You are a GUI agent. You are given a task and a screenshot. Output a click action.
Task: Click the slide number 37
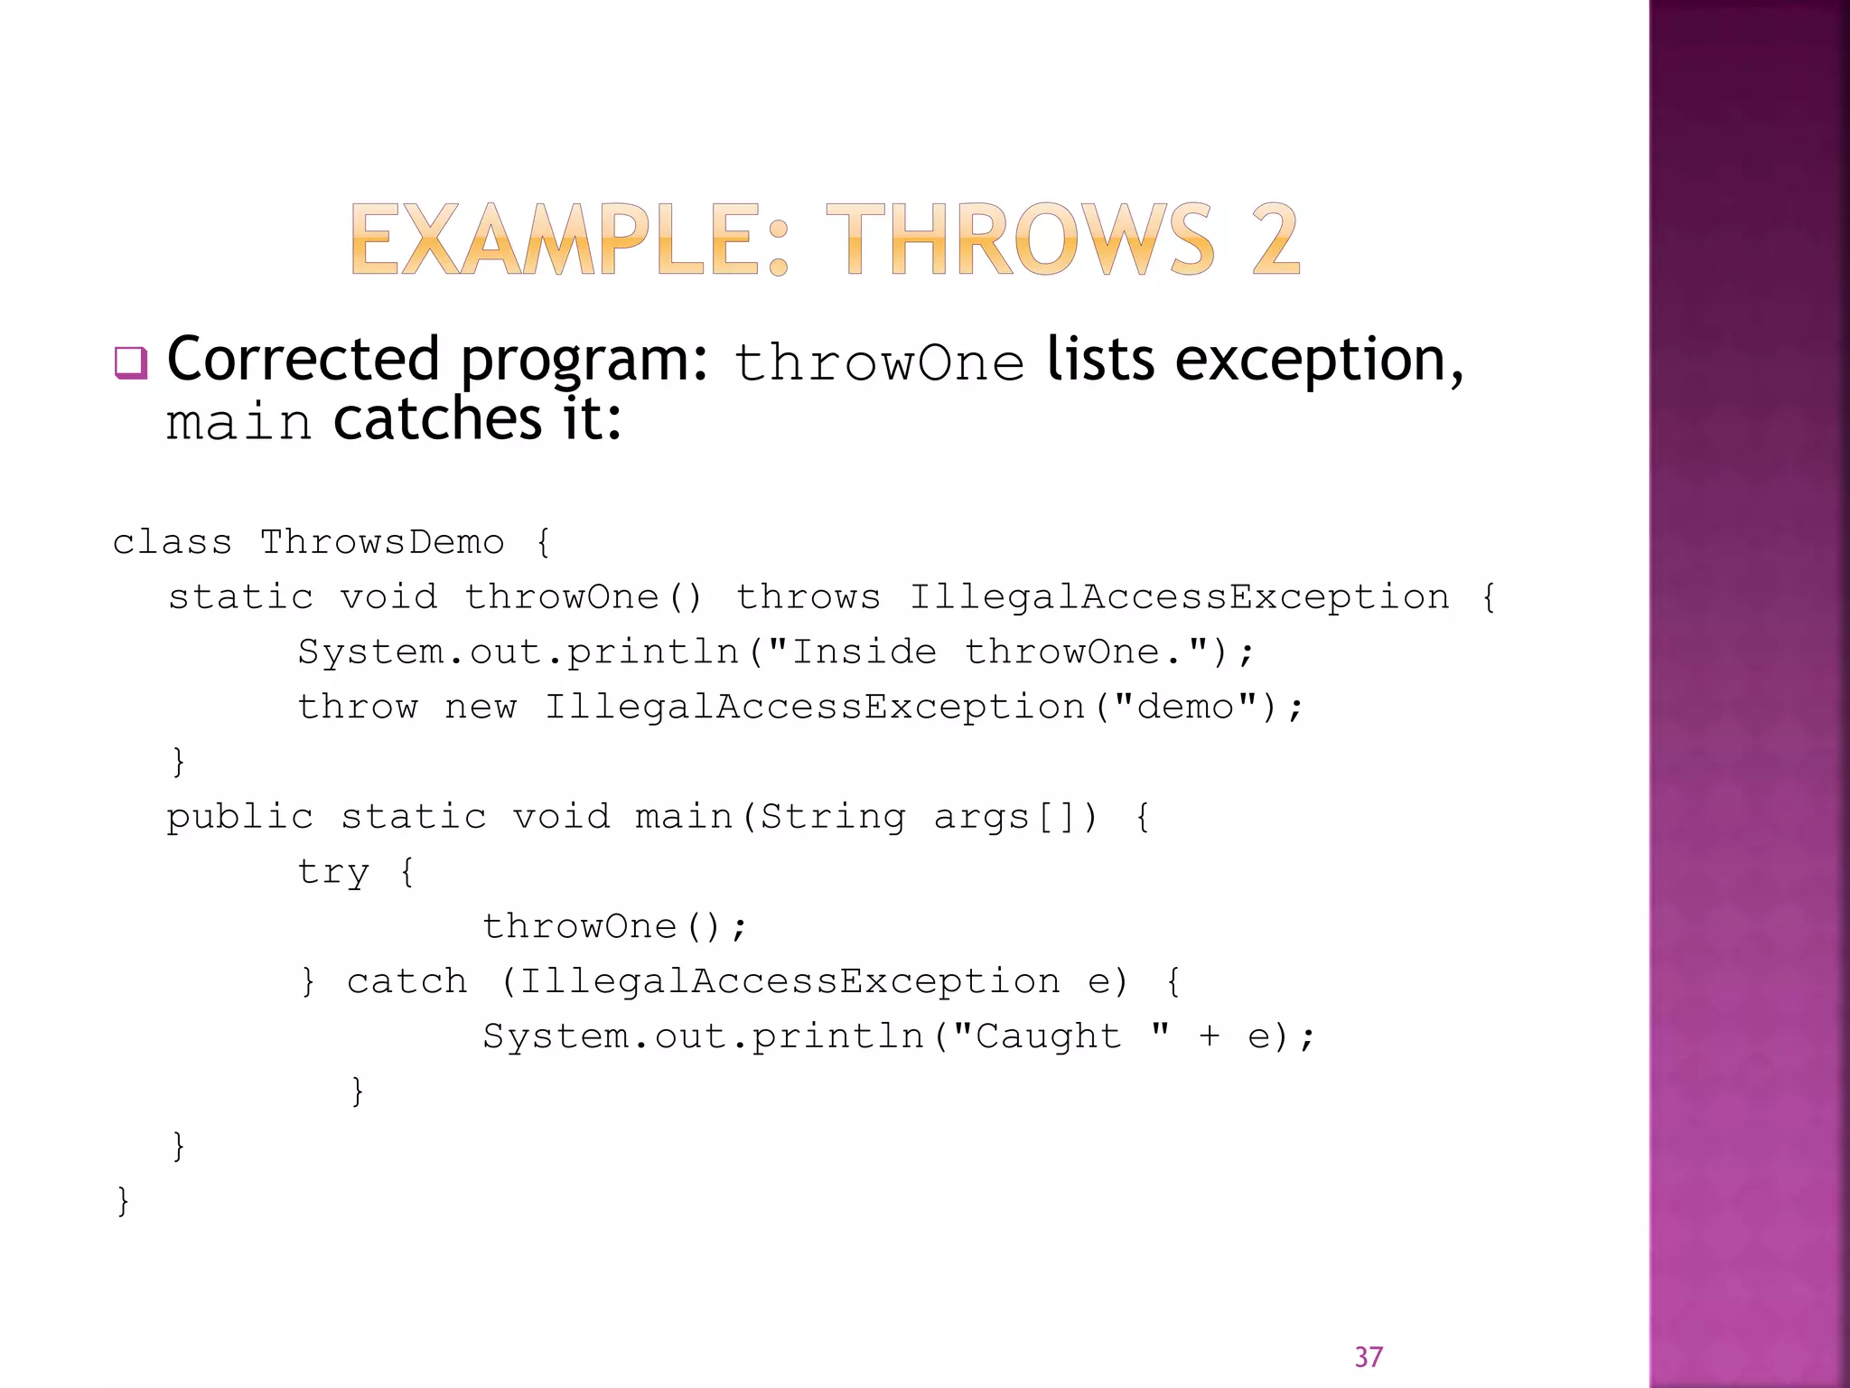click(x=1369, y=1356)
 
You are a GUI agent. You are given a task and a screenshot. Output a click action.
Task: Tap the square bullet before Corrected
click(x=130, y=363)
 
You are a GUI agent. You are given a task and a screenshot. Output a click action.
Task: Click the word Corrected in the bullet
click(x=303, y=360)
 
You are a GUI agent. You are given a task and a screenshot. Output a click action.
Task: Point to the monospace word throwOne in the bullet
click(x=879, y=363)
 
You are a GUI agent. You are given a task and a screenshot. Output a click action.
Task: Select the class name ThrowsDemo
click(x=381, y=542)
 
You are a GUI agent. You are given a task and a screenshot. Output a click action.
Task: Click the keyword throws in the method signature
click(x=808, y=597)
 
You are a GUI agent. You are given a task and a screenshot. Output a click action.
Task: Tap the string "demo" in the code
click(x=1184, y=707)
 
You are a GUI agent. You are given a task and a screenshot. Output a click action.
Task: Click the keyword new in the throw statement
click(x=480, y=707)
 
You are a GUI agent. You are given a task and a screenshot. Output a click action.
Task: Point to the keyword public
click(x=239, y=818)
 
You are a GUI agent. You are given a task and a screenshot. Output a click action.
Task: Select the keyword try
click(x=333, y=872)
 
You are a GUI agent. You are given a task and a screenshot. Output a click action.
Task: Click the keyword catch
click(x=406, y=981)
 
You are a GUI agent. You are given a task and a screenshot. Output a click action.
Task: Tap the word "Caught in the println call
click(x=1037, y=1036)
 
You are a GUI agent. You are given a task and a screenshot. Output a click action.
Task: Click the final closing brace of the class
click(x=123, y=1201)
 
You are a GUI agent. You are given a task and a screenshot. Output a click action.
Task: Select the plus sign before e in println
click(x=1209, y=1036)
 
